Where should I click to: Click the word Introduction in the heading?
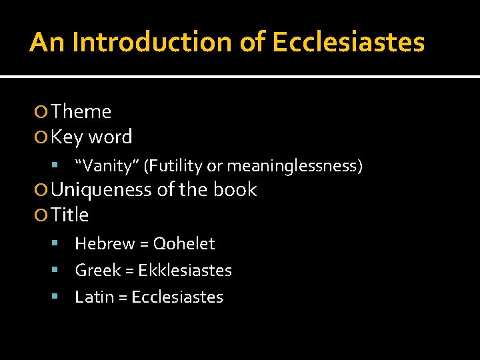[153, 42]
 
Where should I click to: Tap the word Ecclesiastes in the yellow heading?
[348, 42]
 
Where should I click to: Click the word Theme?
[81, 111]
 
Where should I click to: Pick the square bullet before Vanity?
[55, 165]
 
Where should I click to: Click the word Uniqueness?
[101, 189]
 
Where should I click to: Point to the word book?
[235, 189]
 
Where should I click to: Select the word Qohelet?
[184, 244]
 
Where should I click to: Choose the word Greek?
[97, 271]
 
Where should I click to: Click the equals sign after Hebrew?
[144, 245]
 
